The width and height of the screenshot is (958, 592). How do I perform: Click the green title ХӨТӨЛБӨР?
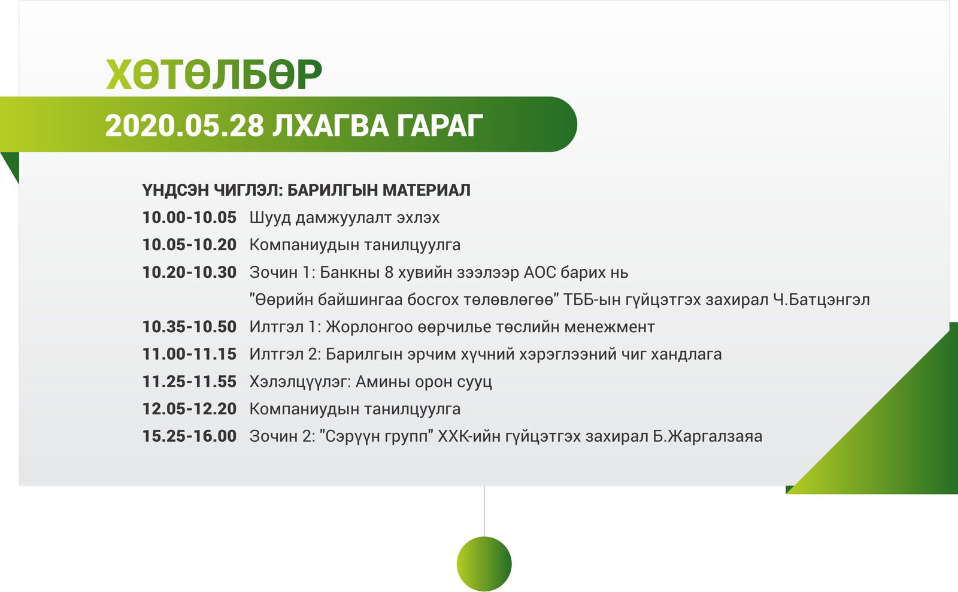[x=214, y=75]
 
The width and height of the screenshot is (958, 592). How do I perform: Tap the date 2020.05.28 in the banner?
[x=185, y=126]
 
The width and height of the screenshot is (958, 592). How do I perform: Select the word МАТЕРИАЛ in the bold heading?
[x=426, y=190]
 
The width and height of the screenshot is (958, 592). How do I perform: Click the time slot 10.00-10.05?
[x=189, y=217]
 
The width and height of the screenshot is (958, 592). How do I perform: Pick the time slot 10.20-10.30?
[x=189, y=272]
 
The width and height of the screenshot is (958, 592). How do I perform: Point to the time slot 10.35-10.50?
[x=189, y=327]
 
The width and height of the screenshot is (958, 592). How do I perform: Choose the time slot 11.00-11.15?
[x=189, y=354]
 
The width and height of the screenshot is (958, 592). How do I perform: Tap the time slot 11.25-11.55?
[x=189, y=382]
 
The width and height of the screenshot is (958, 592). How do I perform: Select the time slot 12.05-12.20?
[x=189, y=409]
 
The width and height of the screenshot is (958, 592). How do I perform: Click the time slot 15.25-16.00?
[x=189, y=436]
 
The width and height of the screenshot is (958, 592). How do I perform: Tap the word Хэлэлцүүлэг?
[x=300, y=382]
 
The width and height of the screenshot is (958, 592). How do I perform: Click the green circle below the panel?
[x=484, y=564]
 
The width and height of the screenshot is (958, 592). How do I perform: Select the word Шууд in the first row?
[x=270, y=218]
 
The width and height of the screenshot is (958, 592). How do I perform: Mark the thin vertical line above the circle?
[x=484, y=511]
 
